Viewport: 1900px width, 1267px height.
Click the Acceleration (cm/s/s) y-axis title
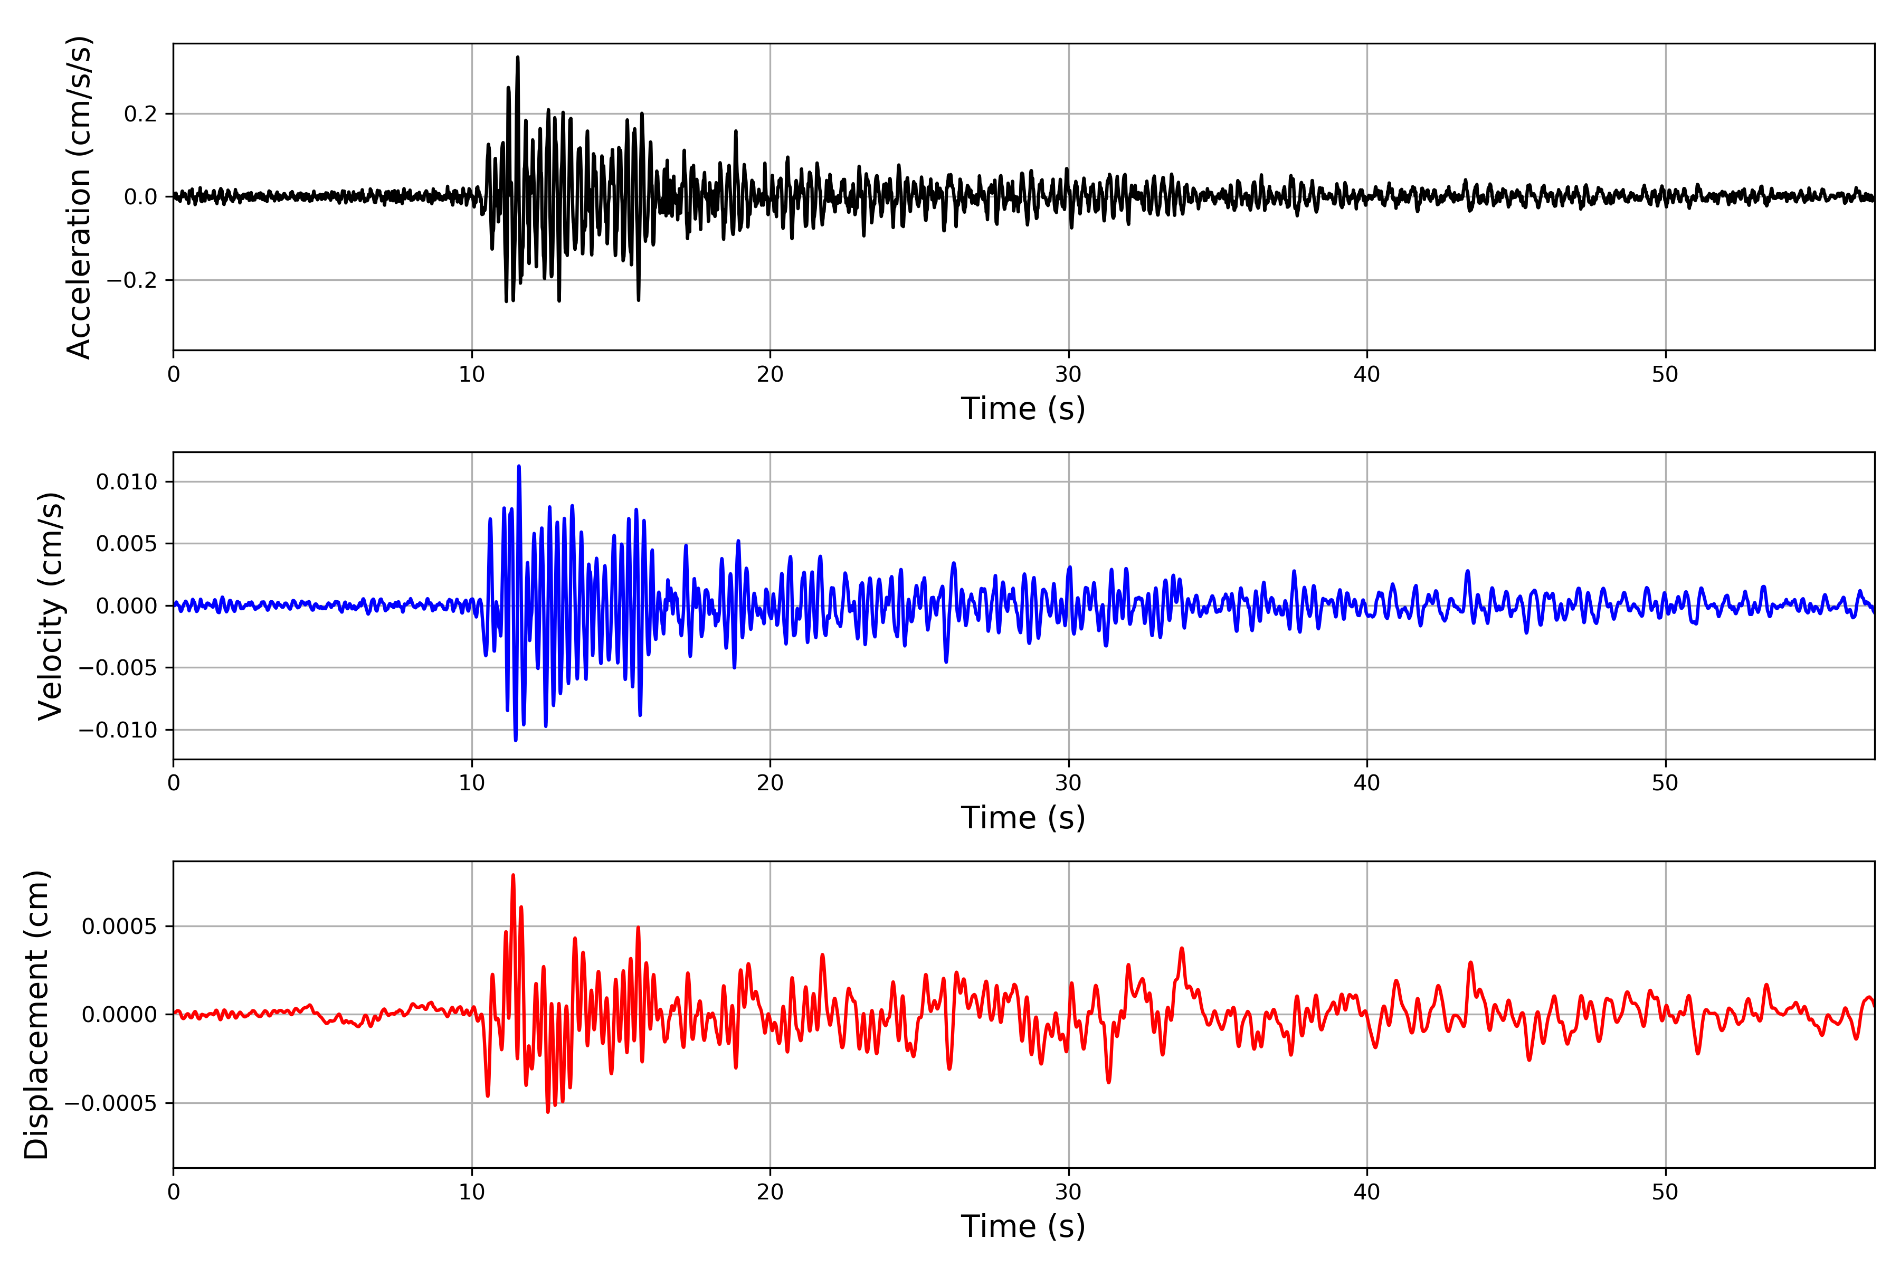pyautogui.click(x=79, y=197)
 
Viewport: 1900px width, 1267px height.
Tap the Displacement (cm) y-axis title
pyautogui.click(x=37, y=1014)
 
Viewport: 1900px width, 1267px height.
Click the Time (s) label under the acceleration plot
pyautogui.click(x=1023, y=409)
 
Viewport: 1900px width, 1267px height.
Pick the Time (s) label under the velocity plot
pyautogui.click(x=1023, y=818)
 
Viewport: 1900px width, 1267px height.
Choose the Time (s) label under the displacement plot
pyautogui.click(x=1023, y=1226)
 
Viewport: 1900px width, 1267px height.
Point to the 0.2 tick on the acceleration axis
pyautogui.click(x=140, y=114)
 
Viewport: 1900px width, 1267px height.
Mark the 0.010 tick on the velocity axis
pyautogui.click(x=126, y=483)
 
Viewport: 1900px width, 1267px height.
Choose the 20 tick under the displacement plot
pyautogui.click(x=770, y=1193)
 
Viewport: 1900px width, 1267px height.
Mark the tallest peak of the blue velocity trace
pyautogui.click(x=519, y=466)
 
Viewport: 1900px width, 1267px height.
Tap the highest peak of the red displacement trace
pyautogui.click(x=513, y=875)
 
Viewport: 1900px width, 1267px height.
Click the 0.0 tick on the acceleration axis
pyautogui.click(x=140, y=197)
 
